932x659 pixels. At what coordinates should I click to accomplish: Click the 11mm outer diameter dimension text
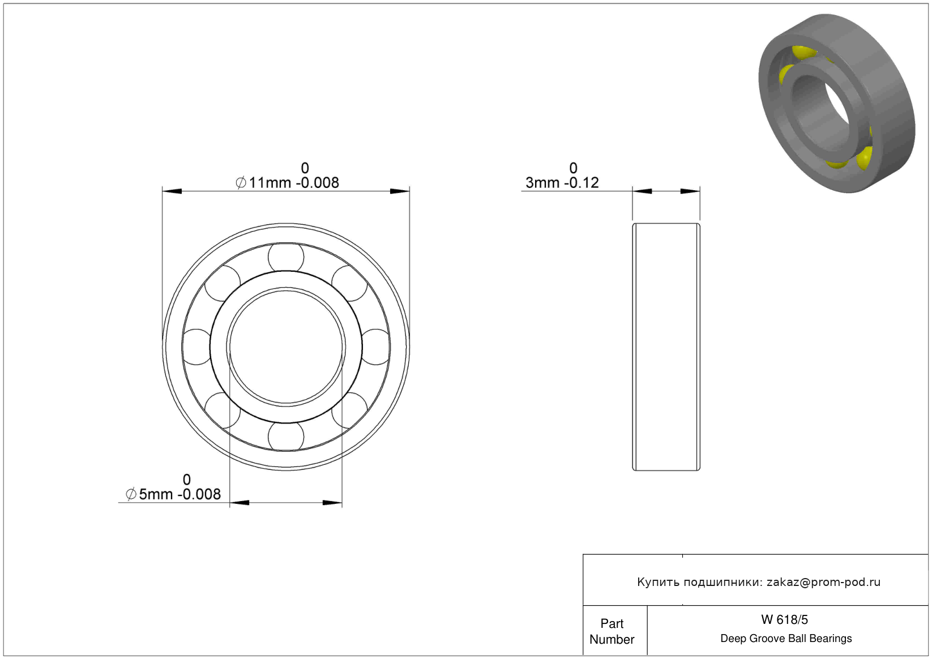(x=287, y=183)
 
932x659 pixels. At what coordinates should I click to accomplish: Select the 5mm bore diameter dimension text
(x=173, y=494)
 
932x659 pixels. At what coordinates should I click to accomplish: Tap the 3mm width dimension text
(x=562, y=183)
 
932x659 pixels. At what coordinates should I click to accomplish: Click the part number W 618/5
(x=784, y=620)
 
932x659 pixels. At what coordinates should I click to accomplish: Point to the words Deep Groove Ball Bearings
(x=786, y=639)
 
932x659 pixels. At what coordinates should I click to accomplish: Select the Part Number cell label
(x=612, y=632)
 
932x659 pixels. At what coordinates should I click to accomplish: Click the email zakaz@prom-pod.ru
(x=823, y=582)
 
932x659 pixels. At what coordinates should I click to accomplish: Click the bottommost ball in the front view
(x=286, y=436)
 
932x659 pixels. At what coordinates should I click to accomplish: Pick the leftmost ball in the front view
(x=196, y=347)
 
